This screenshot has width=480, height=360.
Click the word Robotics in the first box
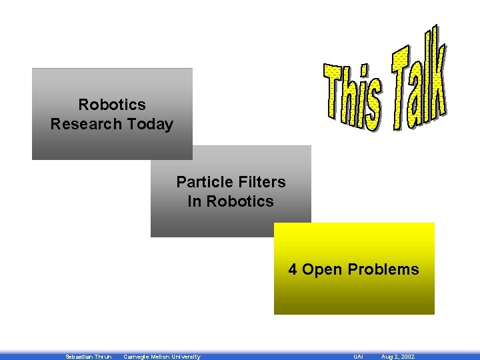[111, 105]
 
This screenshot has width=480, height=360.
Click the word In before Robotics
[195, 201]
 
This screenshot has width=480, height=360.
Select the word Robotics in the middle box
[240, 201]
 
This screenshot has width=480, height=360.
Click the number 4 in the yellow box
[293, 270]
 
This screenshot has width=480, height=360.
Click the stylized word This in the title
[353, 97]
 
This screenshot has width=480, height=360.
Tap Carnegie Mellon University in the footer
[162, 357]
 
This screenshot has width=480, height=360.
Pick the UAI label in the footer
[358, 357]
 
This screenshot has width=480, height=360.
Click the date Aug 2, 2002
[397, 357]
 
